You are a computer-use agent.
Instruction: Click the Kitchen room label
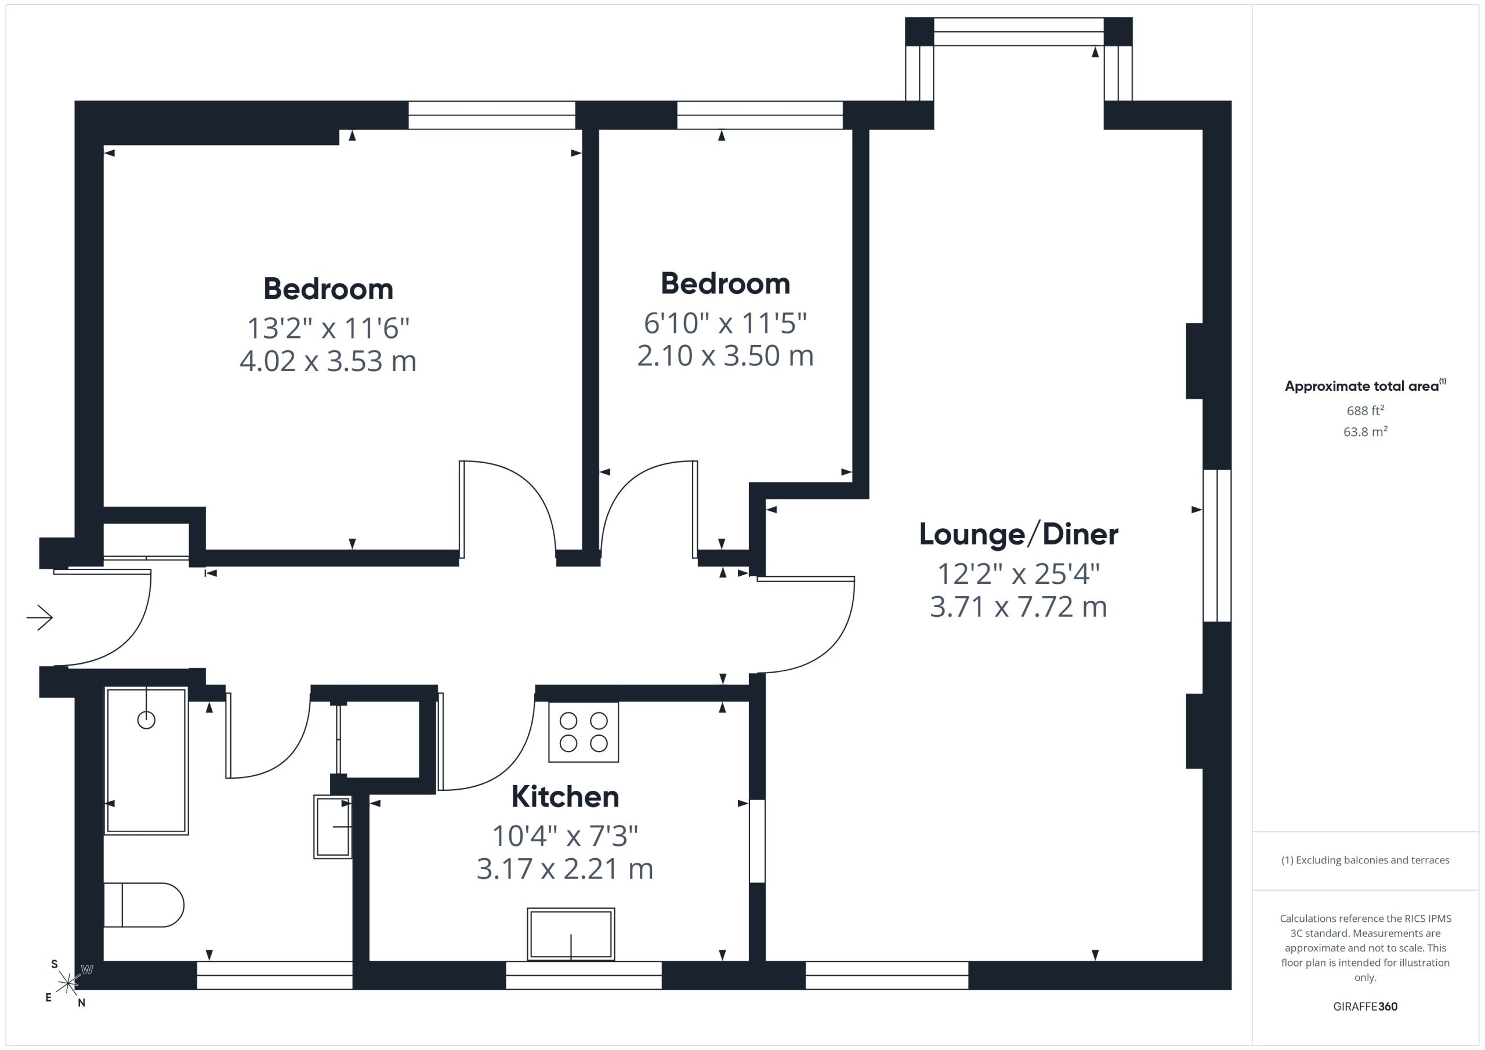pos(564,797)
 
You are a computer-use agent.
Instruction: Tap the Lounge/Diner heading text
pos(1019,535)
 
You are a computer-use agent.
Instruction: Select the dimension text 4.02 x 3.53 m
pos(328,361)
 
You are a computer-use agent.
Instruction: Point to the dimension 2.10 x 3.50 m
pos(725,355)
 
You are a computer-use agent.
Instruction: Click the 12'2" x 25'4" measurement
pos(1019,573)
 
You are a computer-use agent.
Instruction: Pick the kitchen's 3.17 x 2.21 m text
pos(564,869)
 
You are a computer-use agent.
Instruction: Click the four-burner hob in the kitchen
pos(584,732)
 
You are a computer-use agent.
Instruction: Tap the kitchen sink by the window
pos(571,934)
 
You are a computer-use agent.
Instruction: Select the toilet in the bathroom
pos(144,905)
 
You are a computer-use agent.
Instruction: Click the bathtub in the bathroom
pos(147,761)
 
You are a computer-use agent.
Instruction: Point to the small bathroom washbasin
pos(333,827)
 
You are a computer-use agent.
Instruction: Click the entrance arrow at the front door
pos(39,617)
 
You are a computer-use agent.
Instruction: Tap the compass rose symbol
pos(68,983)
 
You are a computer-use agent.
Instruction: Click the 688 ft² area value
pos(1366,410)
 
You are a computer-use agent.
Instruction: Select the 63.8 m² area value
pos(1366,432)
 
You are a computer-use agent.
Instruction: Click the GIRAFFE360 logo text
pos(1366,1007)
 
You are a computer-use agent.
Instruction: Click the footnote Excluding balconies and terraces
pos(1366,860)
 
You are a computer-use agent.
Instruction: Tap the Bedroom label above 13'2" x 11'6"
pos(328,289)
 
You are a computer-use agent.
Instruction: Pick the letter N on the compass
pos(81,1004)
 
